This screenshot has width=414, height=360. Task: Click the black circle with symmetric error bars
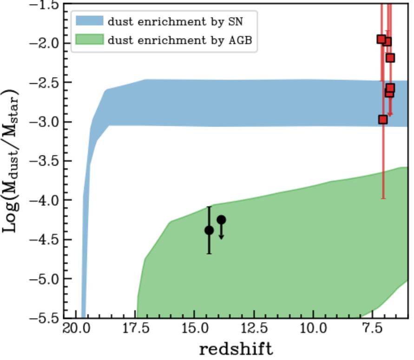click(209, 230)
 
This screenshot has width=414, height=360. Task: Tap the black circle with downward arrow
click(221, 220)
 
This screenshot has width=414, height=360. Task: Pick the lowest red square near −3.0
click(383, 120)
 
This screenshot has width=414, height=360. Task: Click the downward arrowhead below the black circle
click(221, 237)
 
